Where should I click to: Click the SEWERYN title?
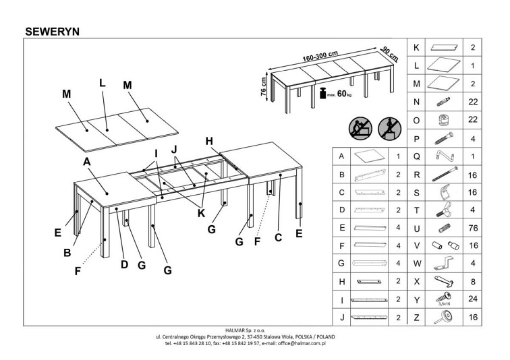(x=52, y=32)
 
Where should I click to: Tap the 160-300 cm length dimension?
(x=320, y=56)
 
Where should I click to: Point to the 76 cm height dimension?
(x=264, y=86)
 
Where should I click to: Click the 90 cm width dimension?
(x=389, y=54)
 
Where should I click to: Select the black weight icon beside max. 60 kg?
(x=322, y=93)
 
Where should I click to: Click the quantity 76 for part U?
(x=473, y=228)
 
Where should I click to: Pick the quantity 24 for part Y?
(x=473, y=299)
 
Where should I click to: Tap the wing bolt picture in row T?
(x=444, y=210)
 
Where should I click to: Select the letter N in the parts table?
(x=416, y=102)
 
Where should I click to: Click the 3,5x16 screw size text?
(x=444, y=304)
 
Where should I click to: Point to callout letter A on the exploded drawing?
(x=86, y=162)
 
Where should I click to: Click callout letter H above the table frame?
(x=209, y=141)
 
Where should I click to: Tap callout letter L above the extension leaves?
(x=102, y=83)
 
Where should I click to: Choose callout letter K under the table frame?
(x=201, y=213)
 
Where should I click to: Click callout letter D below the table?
(x=124, y=264)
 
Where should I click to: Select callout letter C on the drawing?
(x=278, y=237)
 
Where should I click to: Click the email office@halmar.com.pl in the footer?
(x=302, y=343)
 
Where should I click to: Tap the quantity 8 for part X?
(x=473, y=281)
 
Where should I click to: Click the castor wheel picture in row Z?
(x=444, y=317)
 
